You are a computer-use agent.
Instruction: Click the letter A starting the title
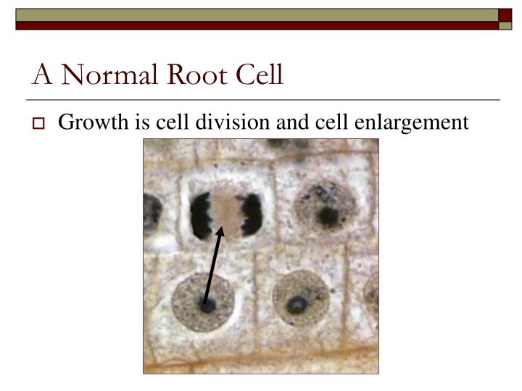tap(41, 75)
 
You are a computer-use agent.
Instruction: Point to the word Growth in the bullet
tap(92, 122)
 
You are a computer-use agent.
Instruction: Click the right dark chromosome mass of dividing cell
tap(251, 214)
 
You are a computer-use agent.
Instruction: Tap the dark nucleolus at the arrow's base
tap(207, 306)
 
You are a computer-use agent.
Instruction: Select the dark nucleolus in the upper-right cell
tap(328, 214)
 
